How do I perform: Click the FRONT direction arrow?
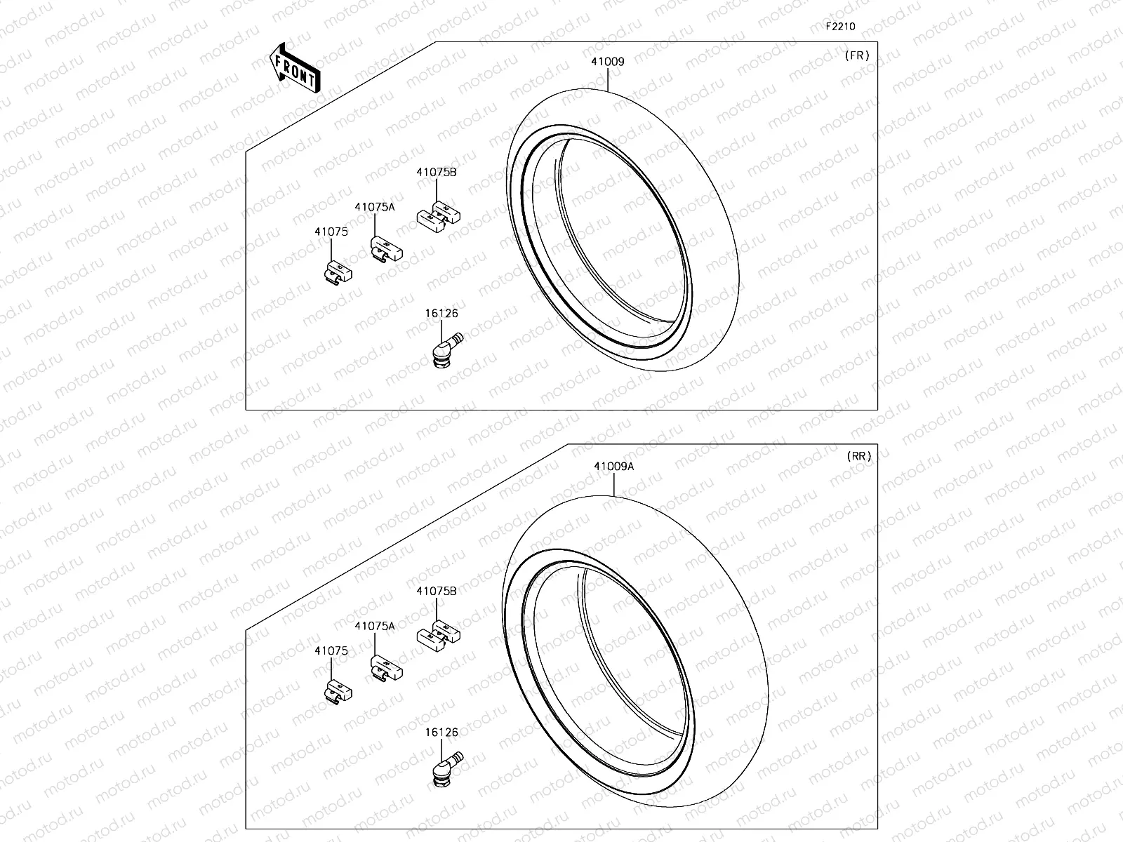[295, 68]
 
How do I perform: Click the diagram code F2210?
[840, 27]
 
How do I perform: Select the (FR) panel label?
[857, 56]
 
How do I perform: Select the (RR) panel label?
[859, 456]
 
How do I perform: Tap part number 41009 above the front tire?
[607, 62]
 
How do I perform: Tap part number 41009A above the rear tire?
[613, 467]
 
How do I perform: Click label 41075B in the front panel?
[436, 172]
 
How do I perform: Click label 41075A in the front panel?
[374, 207]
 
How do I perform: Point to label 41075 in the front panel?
[331, 232]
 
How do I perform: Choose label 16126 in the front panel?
[441, 314]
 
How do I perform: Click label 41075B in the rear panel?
[436, 592]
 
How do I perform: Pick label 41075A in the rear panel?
[374, 626]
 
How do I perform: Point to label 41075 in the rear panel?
[331, 651]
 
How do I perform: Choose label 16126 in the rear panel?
[441, 733]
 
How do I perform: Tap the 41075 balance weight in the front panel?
[338, 272]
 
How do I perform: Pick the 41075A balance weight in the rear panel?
[386, 667]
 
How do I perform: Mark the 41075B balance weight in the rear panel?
[439, 634]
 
